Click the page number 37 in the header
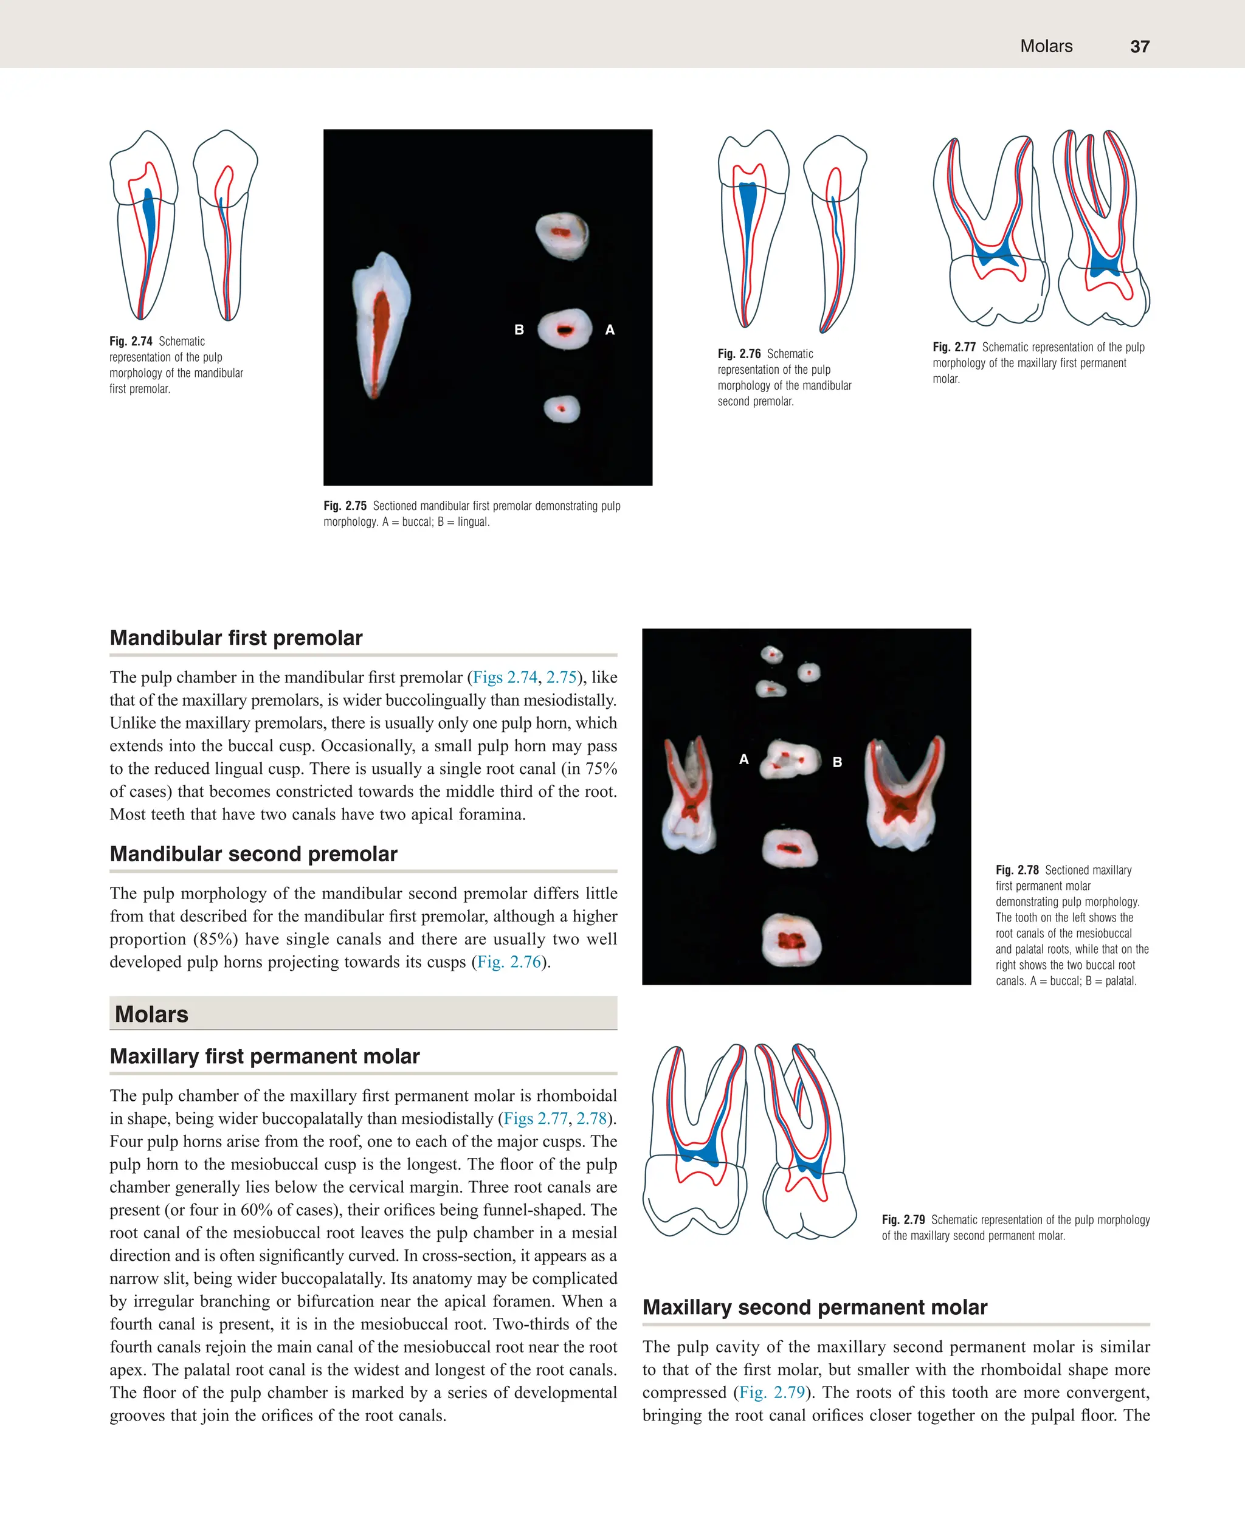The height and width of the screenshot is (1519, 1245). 1140,47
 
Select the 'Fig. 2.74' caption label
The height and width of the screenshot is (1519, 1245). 131,342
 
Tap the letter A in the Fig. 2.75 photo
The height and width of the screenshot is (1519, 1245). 610,330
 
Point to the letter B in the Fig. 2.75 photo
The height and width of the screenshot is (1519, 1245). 519,330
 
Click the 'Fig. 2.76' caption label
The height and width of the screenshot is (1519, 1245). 739,354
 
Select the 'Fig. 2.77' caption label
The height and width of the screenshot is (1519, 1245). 954,347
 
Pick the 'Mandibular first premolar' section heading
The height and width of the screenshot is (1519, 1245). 236,638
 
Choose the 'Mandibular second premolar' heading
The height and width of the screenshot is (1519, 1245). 253,853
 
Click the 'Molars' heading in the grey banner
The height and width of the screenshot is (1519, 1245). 151,1014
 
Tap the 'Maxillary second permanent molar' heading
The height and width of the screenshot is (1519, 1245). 815,1307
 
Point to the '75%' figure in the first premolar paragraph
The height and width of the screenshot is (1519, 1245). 600,769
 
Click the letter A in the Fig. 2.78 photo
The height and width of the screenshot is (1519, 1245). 743,759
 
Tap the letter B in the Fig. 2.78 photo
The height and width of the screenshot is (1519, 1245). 837,762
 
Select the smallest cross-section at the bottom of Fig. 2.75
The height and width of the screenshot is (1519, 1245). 562,409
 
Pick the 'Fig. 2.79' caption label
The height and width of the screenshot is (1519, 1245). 903,1220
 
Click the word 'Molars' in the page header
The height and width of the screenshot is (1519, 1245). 1046,47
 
